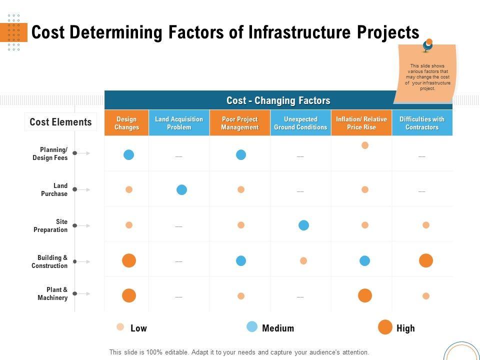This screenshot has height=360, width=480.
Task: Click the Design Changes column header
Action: pos(126,123)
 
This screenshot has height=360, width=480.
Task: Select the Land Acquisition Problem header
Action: pos(179,123)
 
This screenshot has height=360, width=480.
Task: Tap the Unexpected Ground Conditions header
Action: pos(300,123)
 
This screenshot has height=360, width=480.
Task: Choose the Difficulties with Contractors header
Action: pos(422,123)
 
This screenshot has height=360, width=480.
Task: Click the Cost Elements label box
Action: pos(60,122)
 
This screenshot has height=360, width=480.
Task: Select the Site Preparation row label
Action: pos(50,225)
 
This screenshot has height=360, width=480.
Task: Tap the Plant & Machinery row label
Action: pos(52,293)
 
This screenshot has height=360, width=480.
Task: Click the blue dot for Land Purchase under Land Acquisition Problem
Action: pos(182,189)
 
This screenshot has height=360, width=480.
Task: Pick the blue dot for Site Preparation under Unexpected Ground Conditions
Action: pos(303,225)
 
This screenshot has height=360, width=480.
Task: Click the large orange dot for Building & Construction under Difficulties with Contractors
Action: pos(426,260)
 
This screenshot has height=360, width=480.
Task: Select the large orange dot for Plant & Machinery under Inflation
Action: pos(365,295)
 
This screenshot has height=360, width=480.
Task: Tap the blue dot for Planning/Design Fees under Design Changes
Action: pos(129,154)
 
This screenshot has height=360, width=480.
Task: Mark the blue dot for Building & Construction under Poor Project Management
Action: pos(241,260)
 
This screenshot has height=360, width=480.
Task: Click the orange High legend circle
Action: pos(385,327)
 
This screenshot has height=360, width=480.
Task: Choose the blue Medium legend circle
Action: pos(252,327)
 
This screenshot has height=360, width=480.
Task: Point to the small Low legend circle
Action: pos(120,327)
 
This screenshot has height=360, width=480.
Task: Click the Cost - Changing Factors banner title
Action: pos(278,100)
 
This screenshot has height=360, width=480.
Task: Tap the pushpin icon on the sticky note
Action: pos(427,45)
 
